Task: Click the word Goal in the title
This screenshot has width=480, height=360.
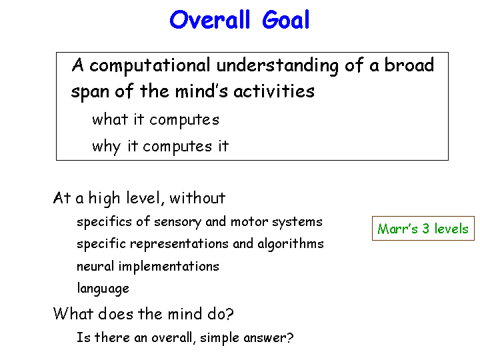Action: pos(285,19)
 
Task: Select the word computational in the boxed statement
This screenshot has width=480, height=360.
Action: pos(150,66)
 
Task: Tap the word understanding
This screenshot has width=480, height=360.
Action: pos(277,66)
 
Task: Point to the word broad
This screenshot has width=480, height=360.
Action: pos(409,65)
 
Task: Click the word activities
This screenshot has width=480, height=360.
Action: pos(274,91)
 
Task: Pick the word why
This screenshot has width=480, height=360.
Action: pos(107,147)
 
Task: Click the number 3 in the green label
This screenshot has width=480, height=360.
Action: pos(425,229)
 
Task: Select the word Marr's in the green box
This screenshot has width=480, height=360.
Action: pos(397,229)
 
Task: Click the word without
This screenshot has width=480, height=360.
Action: pos(197,198)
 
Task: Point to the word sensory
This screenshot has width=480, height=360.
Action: pos(177,222)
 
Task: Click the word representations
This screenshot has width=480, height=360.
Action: pos(179,244)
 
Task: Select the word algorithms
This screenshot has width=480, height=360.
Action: pos(291,244)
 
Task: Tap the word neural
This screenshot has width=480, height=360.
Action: pos(95,266)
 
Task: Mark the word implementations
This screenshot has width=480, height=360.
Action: pos(169,266)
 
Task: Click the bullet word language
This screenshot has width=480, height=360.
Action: pos(103,289)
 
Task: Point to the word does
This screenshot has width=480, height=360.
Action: pos(116,314)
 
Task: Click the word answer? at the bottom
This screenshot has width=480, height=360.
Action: pos(269,338)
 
